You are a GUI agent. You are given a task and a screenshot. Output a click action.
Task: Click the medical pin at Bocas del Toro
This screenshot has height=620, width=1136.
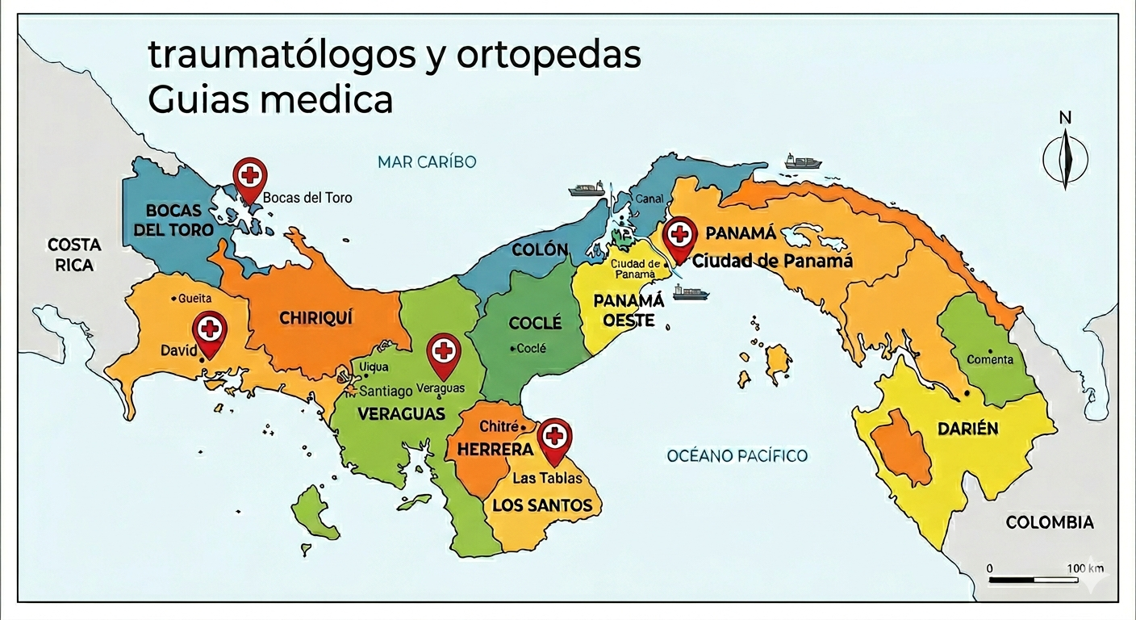(x=249, y=175)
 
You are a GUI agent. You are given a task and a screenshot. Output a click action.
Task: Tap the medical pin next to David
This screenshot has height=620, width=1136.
(x=210, y=330)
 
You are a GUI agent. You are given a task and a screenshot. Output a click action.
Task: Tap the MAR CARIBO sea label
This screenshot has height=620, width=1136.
(x=427, y=161)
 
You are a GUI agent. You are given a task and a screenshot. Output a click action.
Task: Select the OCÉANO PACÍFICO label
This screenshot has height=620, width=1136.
(x=737, y=456)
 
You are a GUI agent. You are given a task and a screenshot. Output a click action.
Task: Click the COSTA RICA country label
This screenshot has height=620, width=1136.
(x=74, y=254)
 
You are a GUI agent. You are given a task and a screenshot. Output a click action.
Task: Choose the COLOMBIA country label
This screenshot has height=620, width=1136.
(x=1050, y=522)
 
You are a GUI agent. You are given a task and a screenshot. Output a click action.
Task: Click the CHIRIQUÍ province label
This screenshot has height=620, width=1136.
(x=316, y=318)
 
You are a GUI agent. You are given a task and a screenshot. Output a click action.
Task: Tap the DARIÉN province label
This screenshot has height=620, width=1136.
(x=967, y=429)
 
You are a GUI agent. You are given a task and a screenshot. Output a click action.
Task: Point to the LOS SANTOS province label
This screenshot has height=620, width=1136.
(x=541, y=506)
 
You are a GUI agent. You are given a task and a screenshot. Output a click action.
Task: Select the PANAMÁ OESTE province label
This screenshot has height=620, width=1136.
(x=629, y=311)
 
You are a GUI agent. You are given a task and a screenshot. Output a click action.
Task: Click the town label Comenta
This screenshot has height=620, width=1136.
(x=990, y=359)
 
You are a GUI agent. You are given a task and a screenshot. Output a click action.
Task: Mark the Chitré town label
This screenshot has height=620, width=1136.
(x=498, y=425)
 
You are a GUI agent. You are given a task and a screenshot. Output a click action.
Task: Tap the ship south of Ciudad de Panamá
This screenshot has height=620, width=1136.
(x=691, y=291)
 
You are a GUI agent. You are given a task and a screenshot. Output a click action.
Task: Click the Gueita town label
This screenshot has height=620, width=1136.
(x=194, y=299)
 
